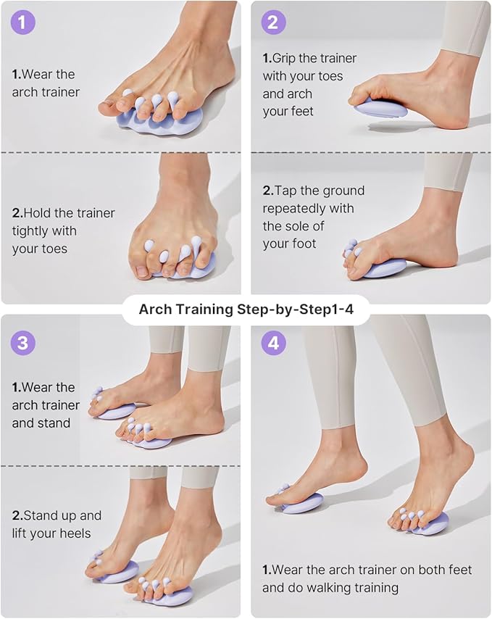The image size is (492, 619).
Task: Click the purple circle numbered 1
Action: pos(22,22)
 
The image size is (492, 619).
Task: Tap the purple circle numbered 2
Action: pos(272,22)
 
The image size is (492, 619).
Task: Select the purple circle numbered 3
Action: pos(22,343)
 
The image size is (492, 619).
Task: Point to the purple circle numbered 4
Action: pos(272,343)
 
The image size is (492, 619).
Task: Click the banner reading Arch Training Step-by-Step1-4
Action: pos(246,309)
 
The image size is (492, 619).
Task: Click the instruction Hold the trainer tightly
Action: pos(63,231)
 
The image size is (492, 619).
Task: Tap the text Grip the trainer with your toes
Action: pos(309,85)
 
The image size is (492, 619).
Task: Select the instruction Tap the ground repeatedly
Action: pos(313,217)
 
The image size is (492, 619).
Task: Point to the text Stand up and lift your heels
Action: pos(57,525)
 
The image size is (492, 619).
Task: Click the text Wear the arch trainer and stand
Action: pos(44,404)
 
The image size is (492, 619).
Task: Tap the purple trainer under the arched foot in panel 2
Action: pos(381,108)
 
